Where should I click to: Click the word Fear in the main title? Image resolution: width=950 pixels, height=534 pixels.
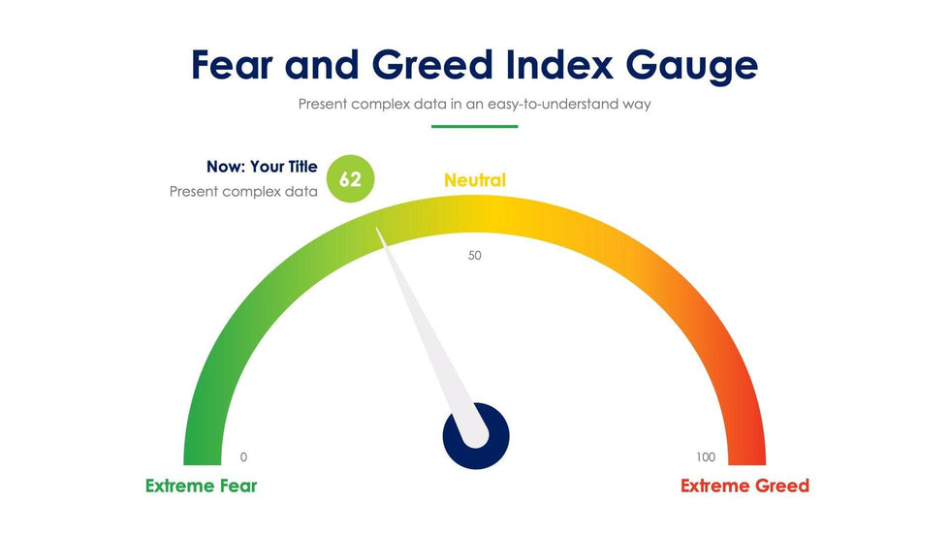click(232, 65)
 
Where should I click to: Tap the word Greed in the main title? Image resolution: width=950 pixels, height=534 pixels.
click(432, 65)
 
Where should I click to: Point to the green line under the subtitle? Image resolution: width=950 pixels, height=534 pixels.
click(474, 127)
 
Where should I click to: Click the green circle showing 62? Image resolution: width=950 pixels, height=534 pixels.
click(350, 178)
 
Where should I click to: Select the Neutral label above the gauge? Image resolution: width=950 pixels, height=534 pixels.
click(475, 180)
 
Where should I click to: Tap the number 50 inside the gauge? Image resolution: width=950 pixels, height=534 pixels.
click(474, 256)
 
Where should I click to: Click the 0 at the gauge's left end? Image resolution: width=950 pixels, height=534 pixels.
click(243, 457)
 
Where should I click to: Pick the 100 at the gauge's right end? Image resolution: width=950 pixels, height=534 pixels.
click(706, 457)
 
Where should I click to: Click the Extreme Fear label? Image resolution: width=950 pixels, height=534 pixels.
click(202, 486)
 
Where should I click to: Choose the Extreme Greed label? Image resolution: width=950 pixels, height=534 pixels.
click(744, 486)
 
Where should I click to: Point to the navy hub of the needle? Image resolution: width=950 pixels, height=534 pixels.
click(476, 437)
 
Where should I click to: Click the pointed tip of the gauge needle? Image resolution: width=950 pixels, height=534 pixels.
click(377, 229)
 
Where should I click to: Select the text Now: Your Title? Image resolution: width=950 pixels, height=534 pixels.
click(262, 167)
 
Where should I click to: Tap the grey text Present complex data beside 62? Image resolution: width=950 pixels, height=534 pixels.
click(243, 191)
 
